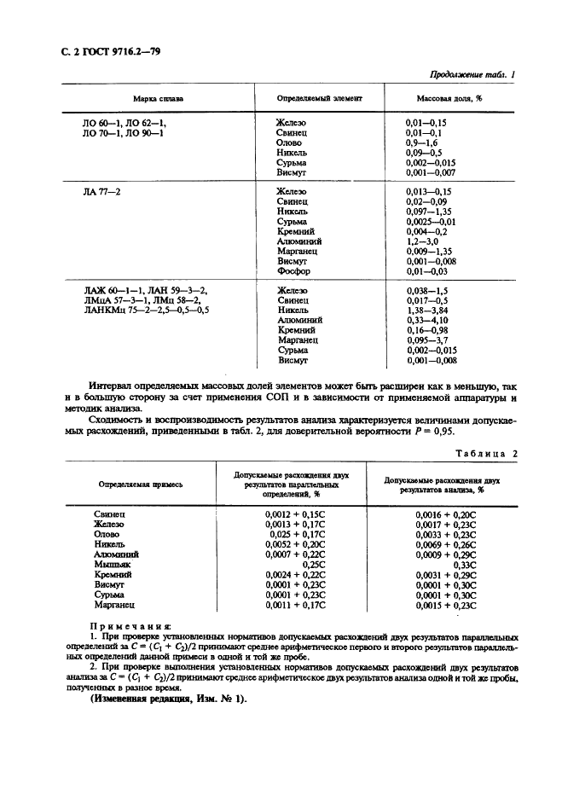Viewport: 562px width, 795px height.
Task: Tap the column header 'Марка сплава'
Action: pos(157,98)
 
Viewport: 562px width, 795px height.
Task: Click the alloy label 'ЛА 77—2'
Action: pos(101,192)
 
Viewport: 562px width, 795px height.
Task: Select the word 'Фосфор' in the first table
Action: pos(293,271)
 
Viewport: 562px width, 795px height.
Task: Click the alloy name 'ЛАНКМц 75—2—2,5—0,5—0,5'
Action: pos(146,310)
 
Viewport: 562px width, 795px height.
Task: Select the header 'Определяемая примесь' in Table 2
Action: pos(140,484)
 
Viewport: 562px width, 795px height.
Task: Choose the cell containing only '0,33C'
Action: pos(465,564)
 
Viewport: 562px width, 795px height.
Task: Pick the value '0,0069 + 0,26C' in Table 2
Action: pos(444,544)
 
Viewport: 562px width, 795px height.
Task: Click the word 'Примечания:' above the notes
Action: pos(136,625)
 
